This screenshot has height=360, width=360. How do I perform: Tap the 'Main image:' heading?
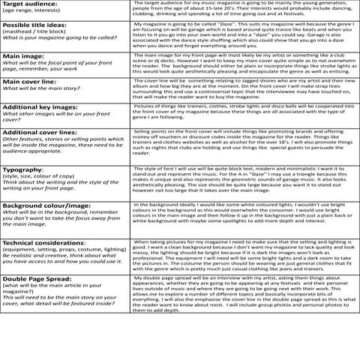click(24, 55)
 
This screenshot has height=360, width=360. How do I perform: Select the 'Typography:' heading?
click(23, 169)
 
